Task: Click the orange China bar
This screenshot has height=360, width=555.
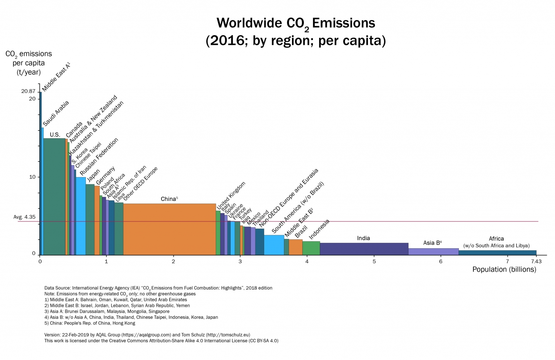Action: pyautogui.click(x=169, y=229)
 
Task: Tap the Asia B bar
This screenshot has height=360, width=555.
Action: pyautogui.click(x=433, y=252)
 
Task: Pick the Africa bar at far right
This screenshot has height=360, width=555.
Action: pyautogui.click(x=497, y=253)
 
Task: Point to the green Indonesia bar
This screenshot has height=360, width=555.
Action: pyautogui.click(x=311, y=248)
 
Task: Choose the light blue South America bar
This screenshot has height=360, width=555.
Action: pyautogui.click(x=274, y=245)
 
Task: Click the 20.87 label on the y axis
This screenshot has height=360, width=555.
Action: pyautogui.click(x=28, y=91)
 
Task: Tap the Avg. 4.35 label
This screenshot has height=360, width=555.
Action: pyautogui.click(x=25, y=217)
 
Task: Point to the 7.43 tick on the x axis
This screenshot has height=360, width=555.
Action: pyautogui.click(x=536, y=261)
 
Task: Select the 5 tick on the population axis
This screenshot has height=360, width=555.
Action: pyautogui.click(x=374, y=261)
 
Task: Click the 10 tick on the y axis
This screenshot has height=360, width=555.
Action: pyautogui.click(x=32, y=177)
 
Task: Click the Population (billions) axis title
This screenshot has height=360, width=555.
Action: pyautogui.click(x=504, y=269)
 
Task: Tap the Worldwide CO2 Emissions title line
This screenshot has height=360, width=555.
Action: pyautogui.click(x=296, y=23)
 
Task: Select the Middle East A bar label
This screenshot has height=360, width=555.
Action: pyautogui.click(x=56, y=77)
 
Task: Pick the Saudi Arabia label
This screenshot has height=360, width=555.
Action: pyautogui.click(x=56, y=113)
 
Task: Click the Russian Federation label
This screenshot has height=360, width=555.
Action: pyautogui.click(x=99, y=157)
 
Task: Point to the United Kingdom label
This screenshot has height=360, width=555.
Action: pyautogui.click(x=231, y=195)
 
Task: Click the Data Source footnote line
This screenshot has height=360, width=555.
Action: pyautogui.click(x=158, y=288)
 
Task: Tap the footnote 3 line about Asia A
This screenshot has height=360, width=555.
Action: pyautogui.click(x=107, y=311)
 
